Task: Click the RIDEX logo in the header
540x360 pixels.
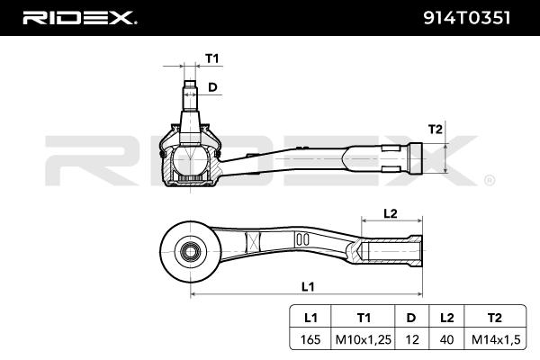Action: pos(78,17)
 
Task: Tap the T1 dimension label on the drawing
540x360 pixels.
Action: pos(212,58)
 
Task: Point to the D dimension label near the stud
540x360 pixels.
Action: pos(213,87)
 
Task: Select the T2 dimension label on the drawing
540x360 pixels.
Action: pos(435,129)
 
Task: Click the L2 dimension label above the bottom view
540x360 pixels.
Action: pos(390,213)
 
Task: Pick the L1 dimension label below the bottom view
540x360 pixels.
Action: pos(307,286)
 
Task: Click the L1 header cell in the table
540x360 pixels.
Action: pos(310,318)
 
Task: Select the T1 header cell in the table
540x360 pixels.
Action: pos(364,318)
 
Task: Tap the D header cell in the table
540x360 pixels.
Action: pos(411,318)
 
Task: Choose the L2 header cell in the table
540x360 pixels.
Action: pos(446,318)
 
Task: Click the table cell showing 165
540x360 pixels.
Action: pos(310,339)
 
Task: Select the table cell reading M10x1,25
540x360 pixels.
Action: pos(364,339)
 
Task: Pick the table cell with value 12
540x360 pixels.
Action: pos(411,339)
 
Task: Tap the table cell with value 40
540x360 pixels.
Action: pos(446,339)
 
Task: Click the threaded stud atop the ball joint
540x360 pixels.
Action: pos(192,95)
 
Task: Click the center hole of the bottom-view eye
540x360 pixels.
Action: pos(190,248)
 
